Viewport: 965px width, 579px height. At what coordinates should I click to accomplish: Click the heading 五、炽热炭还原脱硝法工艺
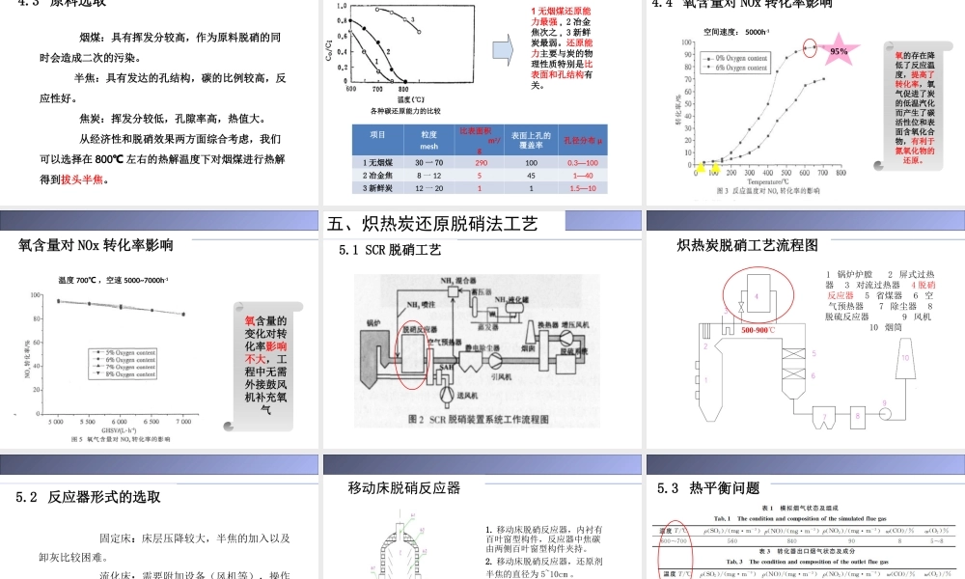pos(432,224)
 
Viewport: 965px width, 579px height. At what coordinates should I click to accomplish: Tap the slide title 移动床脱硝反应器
pos(404,488)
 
